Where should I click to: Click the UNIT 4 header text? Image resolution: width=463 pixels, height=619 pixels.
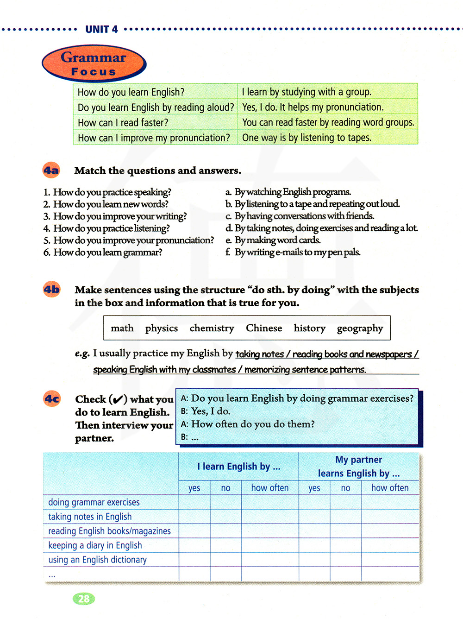101,29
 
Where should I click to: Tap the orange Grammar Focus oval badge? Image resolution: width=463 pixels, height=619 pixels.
94,63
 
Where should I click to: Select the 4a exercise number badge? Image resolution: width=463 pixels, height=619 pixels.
51,171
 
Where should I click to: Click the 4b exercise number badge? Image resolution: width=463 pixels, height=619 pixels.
51,290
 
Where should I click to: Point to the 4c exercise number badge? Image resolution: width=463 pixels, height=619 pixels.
52,398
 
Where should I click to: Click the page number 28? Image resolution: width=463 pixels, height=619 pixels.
84,599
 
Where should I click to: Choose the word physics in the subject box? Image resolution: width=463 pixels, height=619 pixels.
161,328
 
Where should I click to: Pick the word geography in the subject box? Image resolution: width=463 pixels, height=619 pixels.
360,328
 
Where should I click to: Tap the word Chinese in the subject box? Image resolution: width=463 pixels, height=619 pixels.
264,328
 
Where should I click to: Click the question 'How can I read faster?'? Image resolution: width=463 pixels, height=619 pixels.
123,123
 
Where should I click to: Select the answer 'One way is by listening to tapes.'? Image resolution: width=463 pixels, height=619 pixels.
307,138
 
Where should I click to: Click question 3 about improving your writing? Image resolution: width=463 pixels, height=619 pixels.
115,216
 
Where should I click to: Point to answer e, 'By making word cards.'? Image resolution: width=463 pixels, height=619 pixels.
273,240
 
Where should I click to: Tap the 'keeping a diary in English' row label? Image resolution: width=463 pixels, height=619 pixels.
95,545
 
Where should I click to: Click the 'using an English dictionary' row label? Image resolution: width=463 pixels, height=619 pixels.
97,560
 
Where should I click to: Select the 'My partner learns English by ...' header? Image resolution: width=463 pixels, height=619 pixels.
359,466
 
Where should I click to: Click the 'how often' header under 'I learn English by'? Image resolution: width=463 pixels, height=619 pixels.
269,488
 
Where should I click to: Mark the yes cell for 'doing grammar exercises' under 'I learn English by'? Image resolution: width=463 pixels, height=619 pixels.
194,502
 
